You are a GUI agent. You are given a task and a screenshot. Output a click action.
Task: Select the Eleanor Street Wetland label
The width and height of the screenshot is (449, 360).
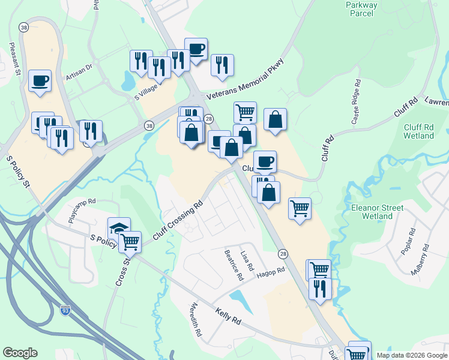[x=376, y=211]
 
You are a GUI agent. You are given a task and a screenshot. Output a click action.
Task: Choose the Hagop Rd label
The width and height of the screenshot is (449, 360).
[x=272, y=272]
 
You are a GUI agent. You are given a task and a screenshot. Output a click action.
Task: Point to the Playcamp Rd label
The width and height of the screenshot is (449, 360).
[x=82, y=211]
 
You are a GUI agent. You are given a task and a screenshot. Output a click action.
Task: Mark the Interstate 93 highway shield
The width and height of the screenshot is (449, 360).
[x=65, y=310]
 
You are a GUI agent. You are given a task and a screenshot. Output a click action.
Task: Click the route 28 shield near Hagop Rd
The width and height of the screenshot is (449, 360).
[x=283, y=254]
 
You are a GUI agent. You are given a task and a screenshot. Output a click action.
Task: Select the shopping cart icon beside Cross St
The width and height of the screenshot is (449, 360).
[x=130, y=241]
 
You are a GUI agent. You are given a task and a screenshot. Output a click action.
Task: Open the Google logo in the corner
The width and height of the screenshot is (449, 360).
[x=20, y=353]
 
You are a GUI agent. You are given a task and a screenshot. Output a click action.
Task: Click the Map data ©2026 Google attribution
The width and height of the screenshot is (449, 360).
[x=411, y=355]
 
